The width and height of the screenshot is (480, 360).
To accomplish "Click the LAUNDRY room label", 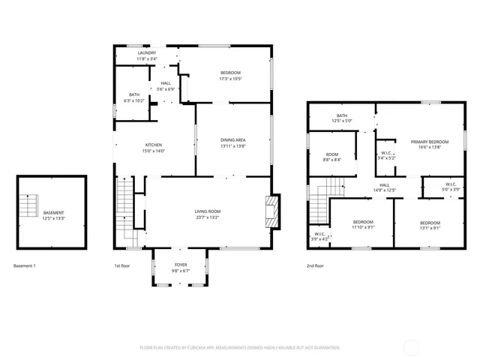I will coord(147,53).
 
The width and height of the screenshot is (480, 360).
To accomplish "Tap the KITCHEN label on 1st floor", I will coord(154,145).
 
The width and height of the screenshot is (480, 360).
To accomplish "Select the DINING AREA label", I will coord(233,140).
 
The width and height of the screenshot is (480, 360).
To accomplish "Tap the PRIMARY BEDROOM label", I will coord(429,142).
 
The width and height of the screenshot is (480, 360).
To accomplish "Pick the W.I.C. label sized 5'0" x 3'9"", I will coord(451,184).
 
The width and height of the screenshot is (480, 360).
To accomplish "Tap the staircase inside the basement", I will coord(29,205).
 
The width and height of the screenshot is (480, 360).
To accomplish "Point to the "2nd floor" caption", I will coord(315,265).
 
